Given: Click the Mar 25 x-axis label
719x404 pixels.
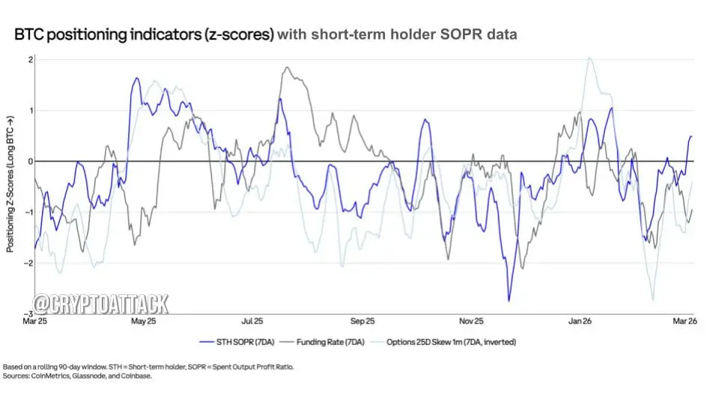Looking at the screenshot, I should (34, 322).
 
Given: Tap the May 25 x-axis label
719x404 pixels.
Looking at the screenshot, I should (143, 322).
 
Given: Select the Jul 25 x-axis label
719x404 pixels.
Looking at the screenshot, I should (252, 322).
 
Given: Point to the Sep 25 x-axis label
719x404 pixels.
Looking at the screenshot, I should (362, 322).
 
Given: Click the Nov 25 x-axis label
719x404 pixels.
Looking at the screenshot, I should (472, 322).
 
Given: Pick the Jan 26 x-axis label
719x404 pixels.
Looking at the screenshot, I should (581, 322).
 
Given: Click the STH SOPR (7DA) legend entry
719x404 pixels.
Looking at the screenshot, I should (231, 342).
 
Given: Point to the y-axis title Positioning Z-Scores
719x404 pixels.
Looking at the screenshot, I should (10, 183).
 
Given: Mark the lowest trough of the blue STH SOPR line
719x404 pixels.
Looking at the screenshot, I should (509, 301).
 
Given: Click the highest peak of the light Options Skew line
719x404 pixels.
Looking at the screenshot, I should (589, 58).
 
